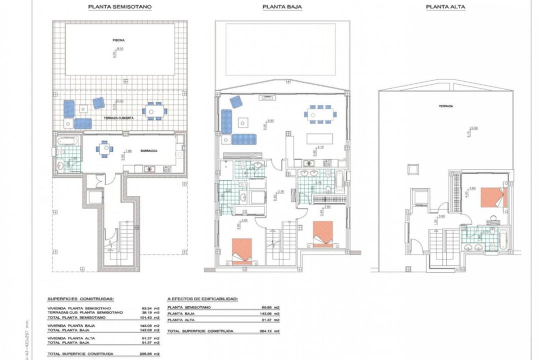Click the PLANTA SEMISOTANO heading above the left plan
(x=120, y=7)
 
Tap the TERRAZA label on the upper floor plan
(x=446, y=106)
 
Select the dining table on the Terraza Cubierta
(x=154, y=110)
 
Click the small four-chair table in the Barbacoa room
(x=104, y=148)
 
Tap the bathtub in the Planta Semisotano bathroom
(x=66, y=141)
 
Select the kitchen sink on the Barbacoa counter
(x=148, y=169)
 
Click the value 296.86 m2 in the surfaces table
(x=150, y=354)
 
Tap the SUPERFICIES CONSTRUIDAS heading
(x=80, y=298)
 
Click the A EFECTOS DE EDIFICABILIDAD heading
(x=202, y=298)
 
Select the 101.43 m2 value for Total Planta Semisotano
(x=150, y=317)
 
